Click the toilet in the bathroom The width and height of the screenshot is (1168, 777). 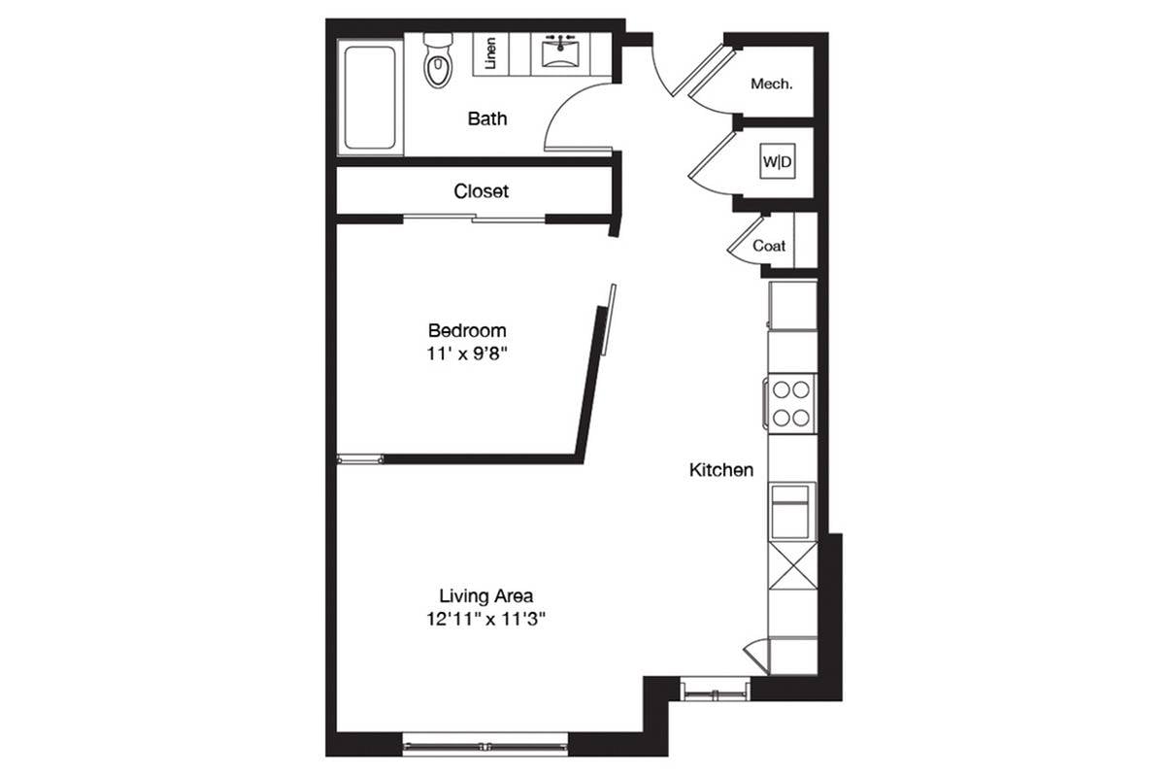click(x=438, y=61)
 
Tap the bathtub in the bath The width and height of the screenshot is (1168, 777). click(x=370, y=97)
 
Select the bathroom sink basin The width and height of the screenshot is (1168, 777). click(x=560, y=51)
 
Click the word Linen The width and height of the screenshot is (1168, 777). click(x=490, y=52)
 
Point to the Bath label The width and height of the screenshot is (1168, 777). click(x=487, y=118)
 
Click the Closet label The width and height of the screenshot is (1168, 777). click(x=481, y=191)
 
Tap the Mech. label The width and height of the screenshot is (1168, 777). click(x=771, y=84)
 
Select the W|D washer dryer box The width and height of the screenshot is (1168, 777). click(x=778, y=161)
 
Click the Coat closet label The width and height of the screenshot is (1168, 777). click(x=769, y=246)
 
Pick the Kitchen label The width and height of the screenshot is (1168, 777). click(x=721, y=470)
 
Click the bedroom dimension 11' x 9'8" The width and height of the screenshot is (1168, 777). click(x=467, y=355)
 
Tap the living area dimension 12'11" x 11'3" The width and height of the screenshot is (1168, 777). click(x=485, y=619)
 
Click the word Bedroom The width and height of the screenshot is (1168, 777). click(x=467, y=330)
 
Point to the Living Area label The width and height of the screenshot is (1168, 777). click(x=485, y=595)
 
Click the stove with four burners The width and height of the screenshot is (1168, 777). click(x=790, y=404)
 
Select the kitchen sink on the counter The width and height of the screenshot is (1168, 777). click(x=790, y=512)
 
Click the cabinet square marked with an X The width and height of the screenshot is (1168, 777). click(x=792, y=566)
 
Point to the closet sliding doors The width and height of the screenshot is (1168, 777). click(x=474, y=220)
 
